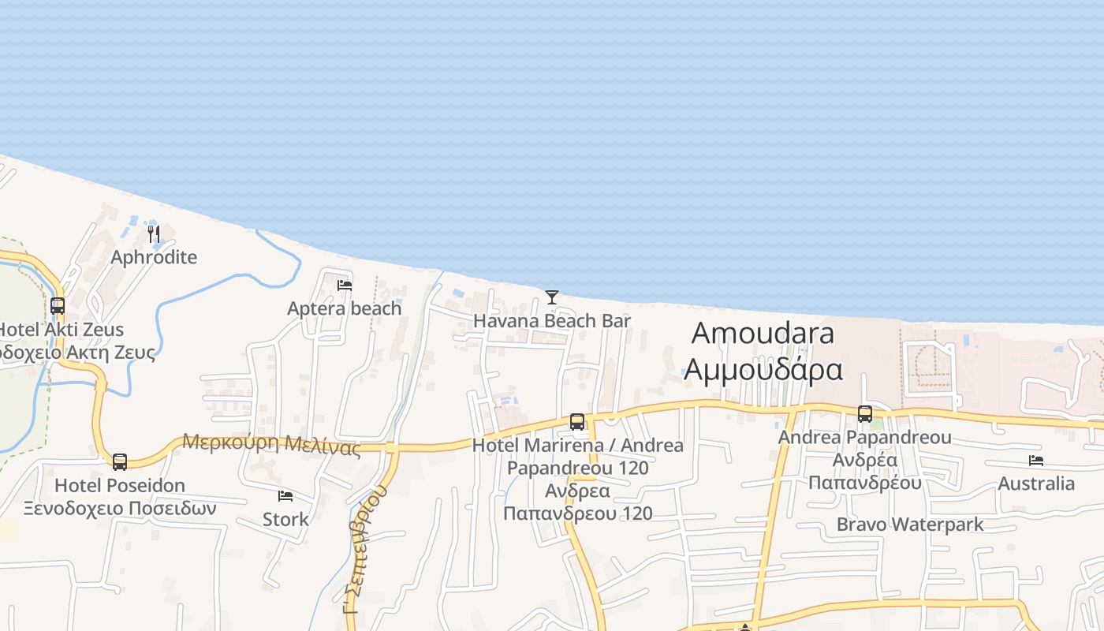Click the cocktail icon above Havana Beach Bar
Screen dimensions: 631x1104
tap(552, 297)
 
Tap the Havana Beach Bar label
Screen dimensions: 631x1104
tap(552, 321)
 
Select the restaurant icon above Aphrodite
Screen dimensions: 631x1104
tap(154, 234)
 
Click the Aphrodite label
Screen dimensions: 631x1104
tap(154, 257)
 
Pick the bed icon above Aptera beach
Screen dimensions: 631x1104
tap(345, 286)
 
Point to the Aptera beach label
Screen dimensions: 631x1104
tap(345, 308)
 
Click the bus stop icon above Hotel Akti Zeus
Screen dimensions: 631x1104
tap(58, 306)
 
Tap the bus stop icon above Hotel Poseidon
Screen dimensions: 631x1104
tap(120, 461)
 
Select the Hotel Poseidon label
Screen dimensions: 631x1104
tap(120, 485)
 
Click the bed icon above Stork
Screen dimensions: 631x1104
tap(285, 496)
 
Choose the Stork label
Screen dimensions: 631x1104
tap(285, 519)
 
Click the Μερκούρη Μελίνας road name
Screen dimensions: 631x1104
tap(271, 444)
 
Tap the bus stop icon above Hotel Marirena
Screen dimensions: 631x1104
tap(577, 422)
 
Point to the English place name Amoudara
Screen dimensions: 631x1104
tap(763, 333)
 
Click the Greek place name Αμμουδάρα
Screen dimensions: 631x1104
tap(763, 368)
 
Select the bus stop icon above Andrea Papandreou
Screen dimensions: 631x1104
tap(865, 414)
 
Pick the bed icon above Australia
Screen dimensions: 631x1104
tap(1036, 461)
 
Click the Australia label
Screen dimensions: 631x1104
tap(1036, 484)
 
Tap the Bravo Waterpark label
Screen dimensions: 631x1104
tap(910, 525)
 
